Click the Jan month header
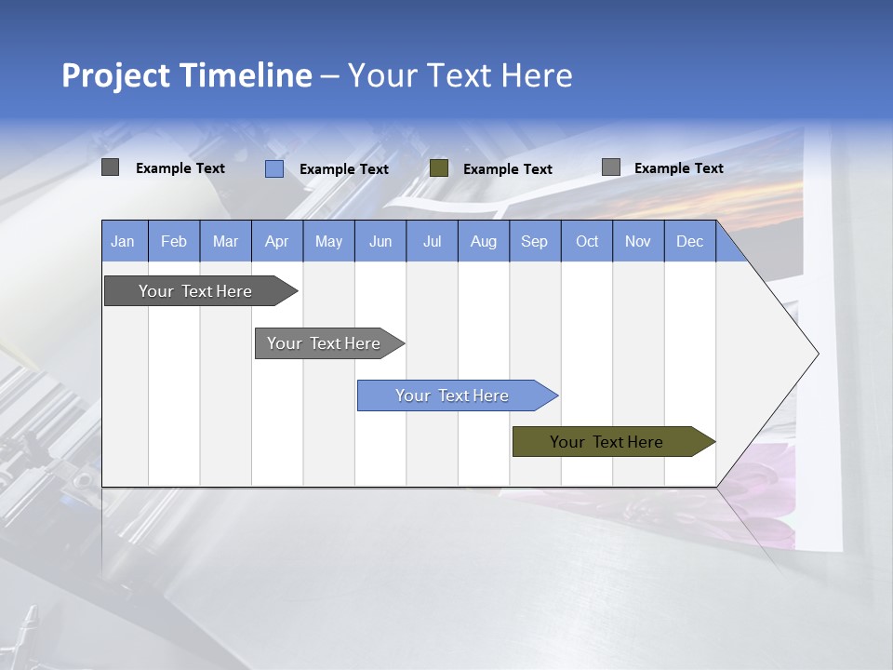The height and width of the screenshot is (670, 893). tap(123, 241)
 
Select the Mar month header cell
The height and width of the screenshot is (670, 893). tap(225, 241)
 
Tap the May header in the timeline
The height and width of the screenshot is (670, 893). tap(328, 241)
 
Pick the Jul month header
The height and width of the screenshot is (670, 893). tap(432, 241)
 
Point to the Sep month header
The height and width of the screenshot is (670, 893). tap(534, 241)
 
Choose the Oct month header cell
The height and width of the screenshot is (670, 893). tap(587, 241)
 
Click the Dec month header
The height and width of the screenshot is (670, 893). tap(689, 241)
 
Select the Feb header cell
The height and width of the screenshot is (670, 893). tap(174, 241)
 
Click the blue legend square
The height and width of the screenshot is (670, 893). tap(273, 168)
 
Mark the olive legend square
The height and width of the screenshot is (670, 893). tap(439, 168)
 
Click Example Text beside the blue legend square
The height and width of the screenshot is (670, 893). tap(344, 169)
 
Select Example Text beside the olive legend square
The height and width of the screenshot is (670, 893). tap(508, 169)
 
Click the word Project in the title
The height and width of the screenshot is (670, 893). tap(115, 75)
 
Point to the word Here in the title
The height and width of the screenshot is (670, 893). tap(537, 75)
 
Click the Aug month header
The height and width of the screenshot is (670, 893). tap(483, 241)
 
